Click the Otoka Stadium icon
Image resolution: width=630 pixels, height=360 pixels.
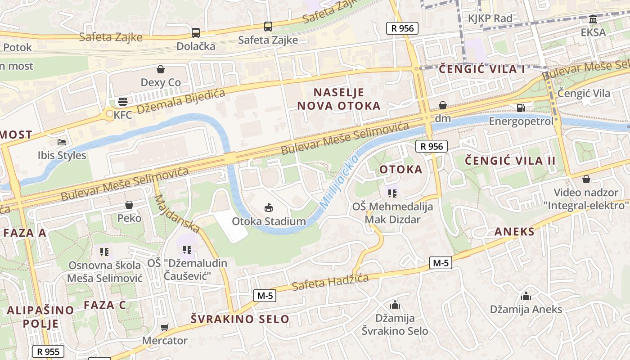pyautogui.click(x=269, y=207)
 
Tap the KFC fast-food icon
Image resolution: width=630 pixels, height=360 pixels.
pyautogui.click(x=123, y=101)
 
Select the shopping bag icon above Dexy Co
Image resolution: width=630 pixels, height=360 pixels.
pyautogui.click(x=161, y=69)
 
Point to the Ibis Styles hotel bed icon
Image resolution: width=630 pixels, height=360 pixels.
pyautogui.click(x=62, y=142)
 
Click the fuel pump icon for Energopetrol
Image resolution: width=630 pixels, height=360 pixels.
pyautogui.click(x=521, y=108)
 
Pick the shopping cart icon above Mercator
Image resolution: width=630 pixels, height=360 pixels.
pyautogui.click(x=165, y=327)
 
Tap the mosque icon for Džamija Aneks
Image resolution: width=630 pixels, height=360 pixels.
pyautogui.click(x=526, y=296)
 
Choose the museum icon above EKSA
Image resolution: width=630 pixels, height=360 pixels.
pyautogui.click(x=593, y=19)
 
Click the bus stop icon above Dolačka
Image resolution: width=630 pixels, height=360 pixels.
pyautogui.click(x=195, y=32)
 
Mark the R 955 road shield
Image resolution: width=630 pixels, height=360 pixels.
pyautogui.click(x=48, y=351)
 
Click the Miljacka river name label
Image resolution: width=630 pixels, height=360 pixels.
pyautogui.click(x=339, y=182)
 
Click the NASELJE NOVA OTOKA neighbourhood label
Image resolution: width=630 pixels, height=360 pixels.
pyautogui.click(x=346, y=99)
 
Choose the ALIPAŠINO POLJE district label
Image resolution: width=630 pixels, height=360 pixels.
pyautogui.click(x=40, y=317)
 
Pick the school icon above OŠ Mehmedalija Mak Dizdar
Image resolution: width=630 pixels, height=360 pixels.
pyautogui.click(x=392, y=193)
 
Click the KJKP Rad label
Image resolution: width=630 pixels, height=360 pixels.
pyautogui.click(x=490, y=18)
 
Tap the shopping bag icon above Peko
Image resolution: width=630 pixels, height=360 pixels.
pyautogui.click(x=129, y=205)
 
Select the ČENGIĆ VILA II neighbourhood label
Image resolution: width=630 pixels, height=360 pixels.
pyautogui.click(x=510, y=161)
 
